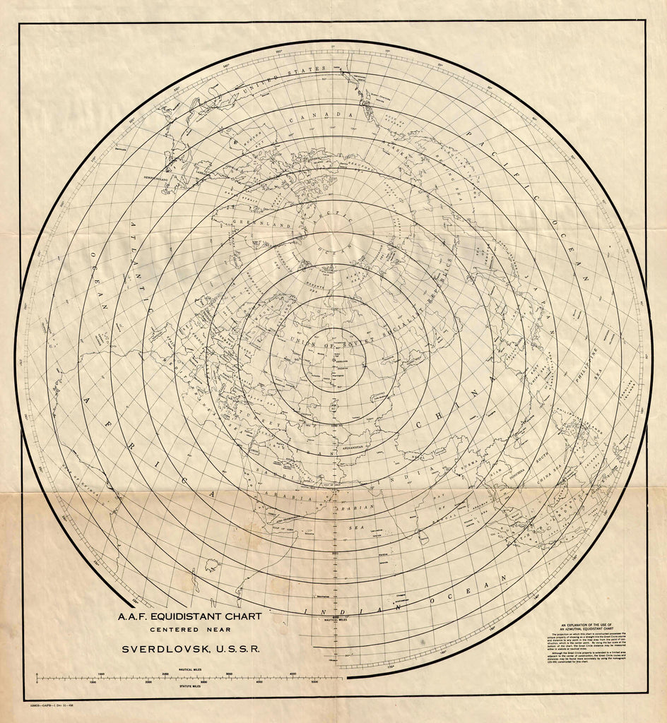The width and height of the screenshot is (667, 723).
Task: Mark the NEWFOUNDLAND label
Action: pyautogui.click(x=161, y=178)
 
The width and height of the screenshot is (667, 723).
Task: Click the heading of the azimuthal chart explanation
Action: pyautogui.click(x=596, y=627)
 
